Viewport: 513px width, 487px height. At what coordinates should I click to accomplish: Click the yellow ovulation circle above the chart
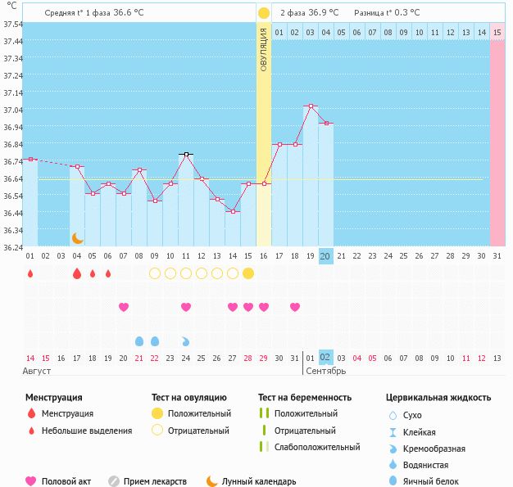263,13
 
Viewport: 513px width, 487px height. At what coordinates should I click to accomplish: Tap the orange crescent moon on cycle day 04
77,238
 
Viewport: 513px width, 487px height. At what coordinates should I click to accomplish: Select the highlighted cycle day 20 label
325,256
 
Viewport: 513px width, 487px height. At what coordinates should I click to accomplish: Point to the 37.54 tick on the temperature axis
12,25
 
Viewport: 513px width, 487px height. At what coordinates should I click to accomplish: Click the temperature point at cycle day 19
311,106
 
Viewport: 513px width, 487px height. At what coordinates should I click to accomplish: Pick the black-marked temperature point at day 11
186,154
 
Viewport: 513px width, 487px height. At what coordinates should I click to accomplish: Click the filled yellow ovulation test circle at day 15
248,273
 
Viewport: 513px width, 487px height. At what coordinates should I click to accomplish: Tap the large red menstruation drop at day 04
77,273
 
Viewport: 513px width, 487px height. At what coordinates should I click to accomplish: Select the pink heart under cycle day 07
124,307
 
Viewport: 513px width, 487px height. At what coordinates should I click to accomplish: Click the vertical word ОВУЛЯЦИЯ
263,49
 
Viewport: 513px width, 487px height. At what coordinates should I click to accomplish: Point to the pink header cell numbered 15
497,32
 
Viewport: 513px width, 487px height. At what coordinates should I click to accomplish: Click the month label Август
38,371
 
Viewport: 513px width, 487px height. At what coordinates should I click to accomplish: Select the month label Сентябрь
325,371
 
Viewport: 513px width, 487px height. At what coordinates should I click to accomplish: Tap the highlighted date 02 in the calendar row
325,358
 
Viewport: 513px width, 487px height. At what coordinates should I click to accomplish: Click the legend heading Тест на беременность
304,398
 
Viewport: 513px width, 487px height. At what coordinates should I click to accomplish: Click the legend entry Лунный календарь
258,481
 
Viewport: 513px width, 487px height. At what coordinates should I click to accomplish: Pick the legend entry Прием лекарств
155,481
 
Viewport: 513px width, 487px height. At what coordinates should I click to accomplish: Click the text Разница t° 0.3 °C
387,13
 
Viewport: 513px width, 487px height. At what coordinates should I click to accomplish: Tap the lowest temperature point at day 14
233,211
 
